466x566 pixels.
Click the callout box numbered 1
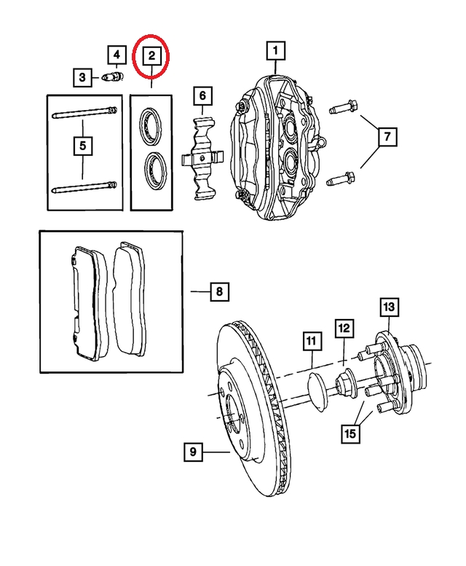[x=276, y=51]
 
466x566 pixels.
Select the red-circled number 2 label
[x=151, y=56]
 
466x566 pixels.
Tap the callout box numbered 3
[x=82, y=77]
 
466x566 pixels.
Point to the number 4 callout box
[x=116, y=55]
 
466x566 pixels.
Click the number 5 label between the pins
[x=83, y=146]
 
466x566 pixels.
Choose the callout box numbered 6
[x=202, y=95]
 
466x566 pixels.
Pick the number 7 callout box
[x=387, y=136]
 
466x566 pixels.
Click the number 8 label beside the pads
[x=220, y=291]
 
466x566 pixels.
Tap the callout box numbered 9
[x=193, y=452]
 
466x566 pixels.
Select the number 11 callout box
[x=312, y=341]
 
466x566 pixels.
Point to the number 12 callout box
[x=344, y=328]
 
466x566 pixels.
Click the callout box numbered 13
[x=390, y=307]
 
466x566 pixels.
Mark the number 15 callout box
[x=350, y=433]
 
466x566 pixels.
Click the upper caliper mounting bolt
[x=344, y=106]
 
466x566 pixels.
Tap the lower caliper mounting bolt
[x=341, y=178]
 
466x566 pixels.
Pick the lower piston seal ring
[x=155, y=170]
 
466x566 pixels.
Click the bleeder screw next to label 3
[x=112, y=77]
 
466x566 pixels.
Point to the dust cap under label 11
[x=317, y=393]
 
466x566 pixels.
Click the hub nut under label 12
[x=346, y=383]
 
